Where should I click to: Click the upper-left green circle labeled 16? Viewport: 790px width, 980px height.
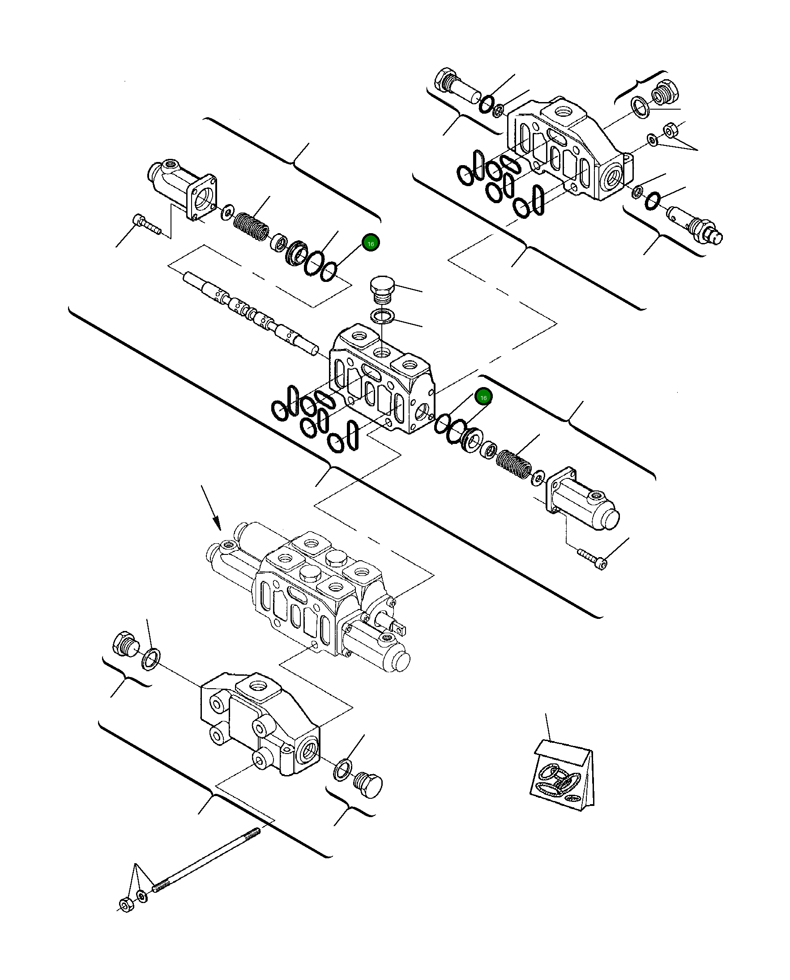click(x=371, y=244)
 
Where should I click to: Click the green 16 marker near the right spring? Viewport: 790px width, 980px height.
click(x=483, y=397)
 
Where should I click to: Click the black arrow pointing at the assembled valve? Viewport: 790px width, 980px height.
click(x=211, y=508)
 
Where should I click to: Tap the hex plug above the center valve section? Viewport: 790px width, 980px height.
click(x=381, y=289)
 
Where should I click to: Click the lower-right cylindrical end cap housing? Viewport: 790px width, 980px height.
click(x=585, y=504)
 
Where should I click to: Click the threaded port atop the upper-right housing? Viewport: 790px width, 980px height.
click(x=564, y=112)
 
